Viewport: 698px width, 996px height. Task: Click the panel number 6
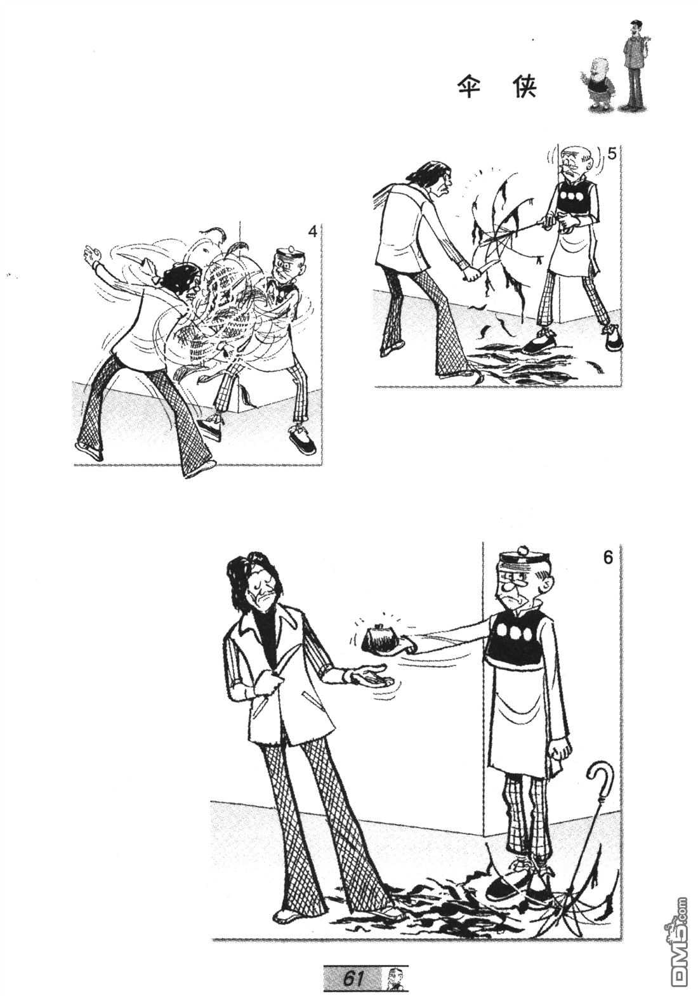coord(608,558)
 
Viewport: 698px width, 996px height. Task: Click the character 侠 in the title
coord(526,89)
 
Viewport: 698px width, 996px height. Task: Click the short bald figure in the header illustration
coord(597,87)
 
